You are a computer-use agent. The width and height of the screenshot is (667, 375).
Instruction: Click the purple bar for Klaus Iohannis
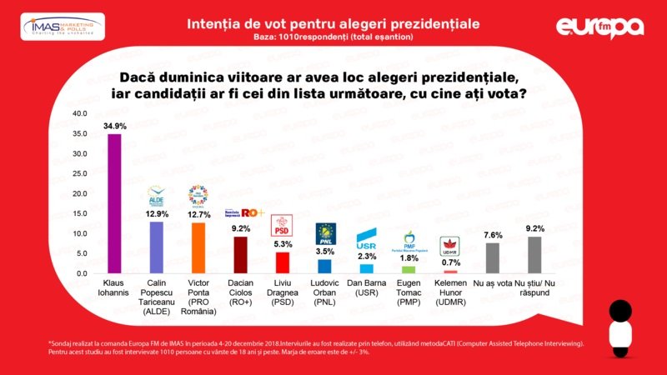tap(115, 203)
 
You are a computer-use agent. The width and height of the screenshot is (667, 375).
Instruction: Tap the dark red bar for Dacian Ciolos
tap(240, 255)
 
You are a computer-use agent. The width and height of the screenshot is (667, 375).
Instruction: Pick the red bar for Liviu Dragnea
tap(283, 262)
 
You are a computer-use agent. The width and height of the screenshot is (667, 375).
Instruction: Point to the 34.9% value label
tap(115, 125)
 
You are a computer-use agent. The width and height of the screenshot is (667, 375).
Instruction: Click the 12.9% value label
tap(157, 213)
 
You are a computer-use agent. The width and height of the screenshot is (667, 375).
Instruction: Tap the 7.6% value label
tap(493, 235)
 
